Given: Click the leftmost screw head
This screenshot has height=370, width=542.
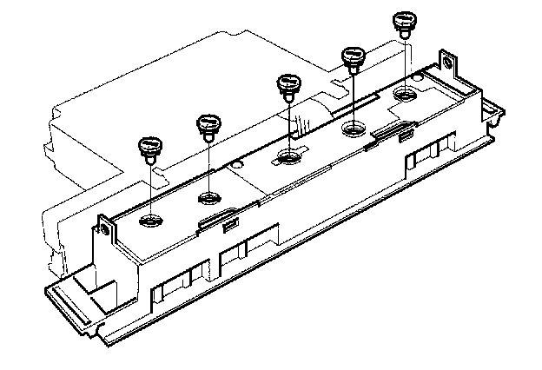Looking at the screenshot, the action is pos(151,145).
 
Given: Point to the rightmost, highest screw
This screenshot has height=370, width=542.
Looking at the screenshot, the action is pos(402,21).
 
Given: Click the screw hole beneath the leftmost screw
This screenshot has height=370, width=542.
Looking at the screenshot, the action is pos(151,221).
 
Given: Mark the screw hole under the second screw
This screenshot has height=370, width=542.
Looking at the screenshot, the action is pos(209,195).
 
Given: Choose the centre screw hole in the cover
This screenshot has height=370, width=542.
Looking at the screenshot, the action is pos(288,158).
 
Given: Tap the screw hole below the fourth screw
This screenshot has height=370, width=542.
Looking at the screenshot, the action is pos(354,130).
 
